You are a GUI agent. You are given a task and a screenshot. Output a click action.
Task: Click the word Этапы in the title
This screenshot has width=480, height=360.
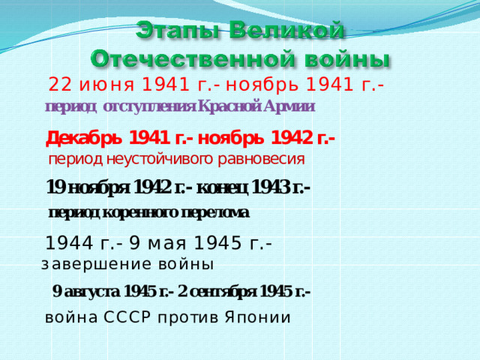(x=178, y=31)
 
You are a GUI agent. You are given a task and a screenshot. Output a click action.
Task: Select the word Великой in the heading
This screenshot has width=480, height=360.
(x=286, y=31)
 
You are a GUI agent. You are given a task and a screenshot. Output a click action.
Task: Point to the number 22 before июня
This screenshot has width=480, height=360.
(x=60, y=85)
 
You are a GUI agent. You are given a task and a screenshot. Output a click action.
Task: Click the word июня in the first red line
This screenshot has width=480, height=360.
(x=106, y=85)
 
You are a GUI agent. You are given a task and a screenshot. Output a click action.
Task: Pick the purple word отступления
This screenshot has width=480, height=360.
(x=150, y=107)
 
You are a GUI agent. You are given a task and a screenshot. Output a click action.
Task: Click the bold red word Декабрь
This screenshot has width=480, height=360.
(x=84, y=139)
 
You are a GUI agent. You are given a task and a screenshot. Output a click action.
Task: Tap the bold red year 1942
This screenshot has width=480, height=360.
(x=292, y=138)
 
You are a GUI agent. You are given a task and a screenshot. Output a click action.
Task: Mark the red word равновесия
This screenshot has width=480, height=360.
(x=261, y=160)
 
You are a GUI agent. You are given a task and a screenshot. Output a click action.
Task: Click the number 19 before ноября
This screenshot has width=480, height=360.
(x=55, y=187)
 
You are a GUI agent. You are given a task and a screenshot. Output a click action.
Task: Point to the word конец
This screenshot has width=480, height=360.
(x=222, y=187)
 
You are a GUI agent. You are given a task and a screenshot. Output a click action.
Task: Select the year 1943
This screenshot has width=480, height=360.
(x=271, y=187)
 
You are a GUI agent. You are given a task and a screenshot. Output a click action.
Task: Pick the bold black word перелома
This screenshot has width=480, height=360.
(x=215, y=213)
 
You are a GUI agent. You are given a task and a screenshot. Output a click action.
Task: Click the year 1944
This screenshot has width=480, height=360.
(x=69, y=244)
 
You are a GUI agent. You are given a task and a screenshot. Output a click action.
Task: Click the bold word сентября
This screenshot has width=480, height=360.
(x=223, y=292)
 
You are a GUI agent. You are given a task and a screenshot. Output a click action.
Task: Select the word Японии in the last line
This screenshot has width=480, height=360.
(x=258, y=317)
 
